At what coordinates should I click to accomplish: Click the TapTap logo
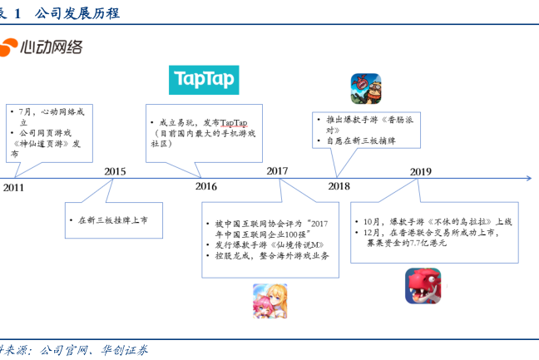[204, 80]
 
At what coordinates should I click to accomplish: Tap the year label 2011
[13, 188]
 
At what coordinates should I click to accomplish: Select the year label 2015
[115, 171]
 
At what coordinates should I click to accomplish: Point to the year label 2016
[206, 186]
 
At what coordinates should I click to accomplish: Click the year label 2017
[278, 171]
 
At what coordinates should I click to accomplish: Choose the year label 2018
[339, 186]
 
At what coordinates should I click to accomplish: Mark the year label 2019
[421, 172]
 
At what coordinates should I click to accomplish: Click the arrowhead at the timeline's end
[529, 178]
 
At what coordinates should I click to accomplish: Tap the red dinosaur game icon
[423, 286]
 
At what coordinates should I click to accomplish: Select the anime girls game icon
[270, 301]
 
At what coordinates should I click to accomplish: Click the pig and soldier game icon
[366, 89]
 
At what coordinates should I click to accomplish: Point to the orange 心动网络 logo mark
[8, 47]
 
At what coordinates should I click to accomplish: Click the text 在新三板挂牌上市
[113, 220]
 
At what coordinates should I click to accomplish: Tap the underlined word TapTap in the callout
[234, 123]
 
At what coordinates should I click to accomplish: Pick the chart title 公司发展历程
[77, 13]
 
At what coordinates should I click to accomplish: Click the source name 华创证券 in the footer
[125, 350]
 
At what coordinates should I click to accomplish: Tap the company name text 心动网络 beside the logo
[52, 47]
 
